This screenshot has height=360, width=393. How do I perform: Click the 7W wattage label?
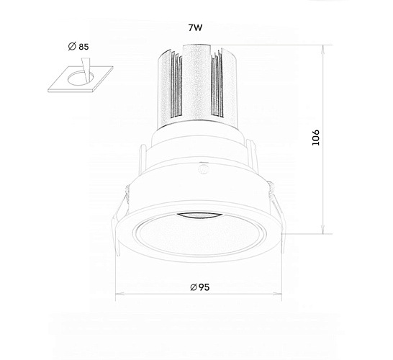click(x=195, y=27)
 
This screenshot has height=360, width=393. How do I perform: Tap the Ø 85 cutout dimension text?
click(x=78, y=47)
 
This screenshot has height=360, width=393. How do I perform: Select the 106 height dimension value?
click(x=316, y=138)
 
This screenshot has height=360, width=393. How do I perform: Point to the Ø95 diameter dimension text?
click(x=200, y=287)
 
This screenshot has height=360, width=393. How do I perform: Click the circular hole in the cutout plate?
click(x=80, y=78)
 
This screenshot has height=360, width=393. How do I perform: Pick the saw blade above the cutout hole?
click(x=86, y=70)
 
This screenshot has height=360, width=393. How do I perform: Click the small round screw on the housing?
click(x=203, y=168)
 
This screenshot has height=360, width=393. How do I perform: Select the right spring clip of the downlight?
click(x=278, y=215)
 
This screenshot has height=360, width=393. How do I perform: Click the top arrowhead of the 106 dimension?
click(x=324, y=48)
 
